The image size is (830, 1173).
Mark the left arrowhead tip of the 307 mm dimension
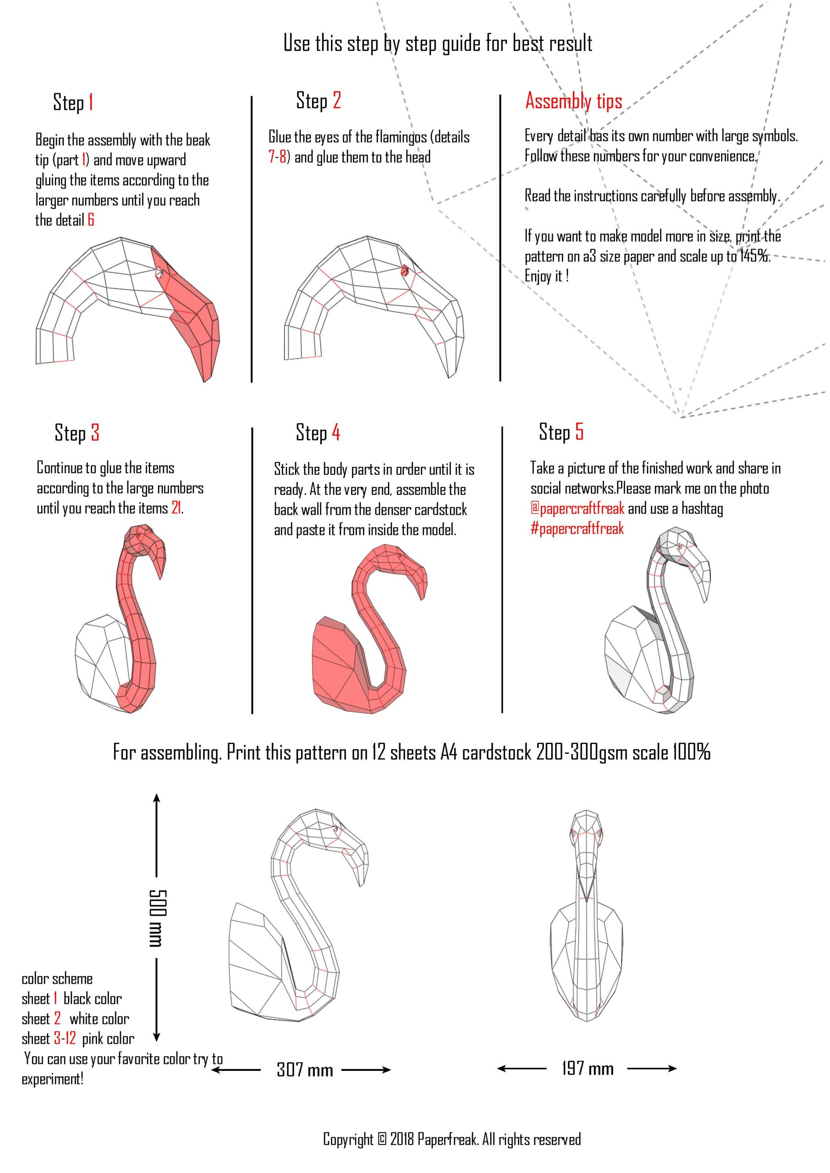[x=211, y=1070]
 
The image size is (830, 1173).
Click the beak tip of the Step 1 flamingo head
[x=205, y=382]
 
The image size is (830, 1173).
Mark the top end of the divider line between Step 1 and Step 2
[x=252, y=96]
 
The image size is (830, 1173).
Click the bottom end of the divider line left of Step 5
[x=502, y=712]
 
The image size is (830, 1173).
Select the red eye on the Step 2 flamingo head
[x=406, y=269]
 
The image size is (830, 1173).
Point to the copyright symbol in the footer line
[x=382, y=1139]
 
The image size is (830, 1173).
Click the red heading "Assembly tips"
[x=573, y=101]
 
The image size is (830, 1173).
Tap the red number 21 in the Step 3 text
[x=176, y=508]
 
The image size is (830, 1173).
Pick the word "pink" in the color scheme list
[x=93, y=1039]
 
